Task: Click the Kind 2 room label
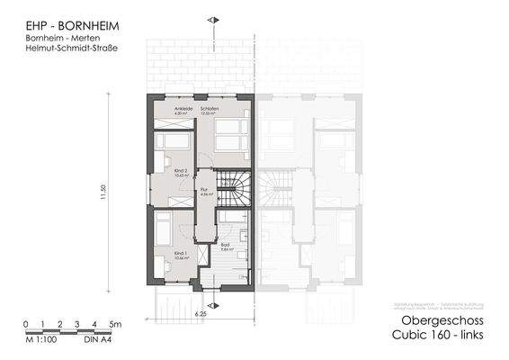pyautogui.click(x=180, y=170)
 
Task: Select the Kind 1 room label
pyautogui.click(x=180, y=255)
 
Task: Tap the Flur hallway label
pyautogui.click(x=204, y=191)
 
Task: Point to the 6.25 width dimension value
pyautogui.click(x=201, y=315)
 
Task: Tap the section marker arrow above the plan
pyautogui.click(x=211, y=19)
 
